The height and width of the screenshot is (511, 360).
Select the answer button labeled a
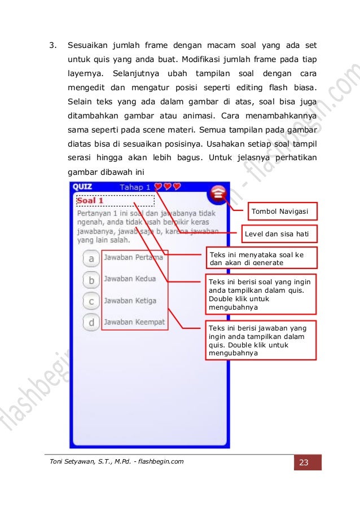tap(91, 258)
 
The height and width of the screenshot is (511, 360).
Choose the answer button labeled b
tap(91, 279)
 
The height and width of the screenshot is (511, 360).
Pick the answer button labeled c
tap(91, 301)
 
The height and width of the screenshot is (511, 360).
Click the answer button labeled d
tap(91, 322)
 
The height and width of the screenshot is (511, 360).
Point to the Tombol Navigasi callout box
tap(280, 211)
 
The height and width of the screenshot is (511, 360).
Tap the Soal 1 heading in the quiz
tap(90, 200)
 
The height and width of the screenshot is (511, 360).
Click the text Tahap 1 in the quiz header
tap(135, 187)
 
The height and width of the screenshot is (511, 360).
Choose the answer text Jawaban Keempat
tap(134, 322)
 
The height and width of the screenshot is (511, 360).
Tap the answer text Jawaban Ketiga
tap(130, 301)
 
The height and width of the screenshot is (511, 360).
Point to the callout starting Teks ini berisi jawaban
tap(261, 340)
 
